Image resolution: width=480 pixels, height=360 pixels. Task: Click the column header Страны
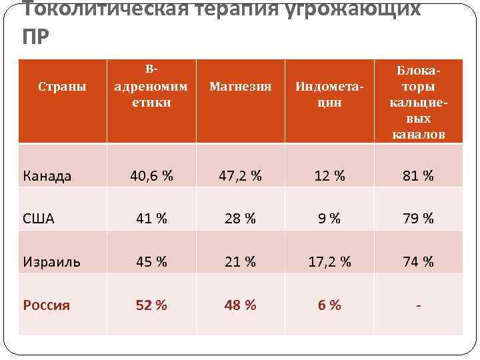[62, 87]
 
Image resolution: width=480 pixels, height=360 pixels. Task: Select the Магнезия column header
[241, 87]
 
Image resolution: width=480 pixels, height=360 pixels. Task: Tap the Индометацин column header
[329, 95]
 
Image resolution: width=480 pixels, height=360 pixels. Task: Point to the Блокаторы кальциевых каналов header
[418, 102]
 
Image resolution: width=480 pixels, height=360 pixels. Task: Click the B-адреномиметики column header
[151, 86]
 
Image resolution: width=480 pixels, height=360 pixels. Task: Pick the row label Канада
[47, 176]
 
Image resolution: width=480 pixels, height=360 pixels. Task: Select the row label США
[39, 218]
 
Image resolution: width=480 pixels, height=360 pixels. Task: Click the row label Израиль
[51, 262]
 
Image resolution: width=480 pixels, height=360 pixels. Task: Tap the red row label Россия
[46, 305]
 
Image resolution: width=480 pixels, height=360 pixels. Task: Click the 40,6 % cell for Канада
[151, 176]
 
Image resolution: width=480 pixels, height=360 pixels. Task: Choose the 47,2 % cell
[241, 176]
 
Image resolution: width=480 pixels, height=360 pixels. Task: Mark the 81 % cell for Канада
[418, 176]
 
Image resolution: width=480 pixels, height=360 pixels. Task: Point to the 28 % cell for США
[241, 218]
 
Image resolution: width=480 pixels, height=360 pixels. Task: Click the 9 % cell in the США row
[329, 218]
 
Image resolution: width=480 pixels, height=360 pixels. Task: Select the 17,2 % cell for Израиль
[329, 262]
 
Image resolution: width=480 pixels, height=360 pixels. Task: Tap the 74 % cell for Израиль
[418, 262]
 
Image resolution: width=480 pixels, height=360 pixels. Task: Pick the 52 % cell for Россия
[151, 305]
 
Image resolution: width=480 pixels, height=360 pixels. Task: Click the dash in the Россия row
[418, 305]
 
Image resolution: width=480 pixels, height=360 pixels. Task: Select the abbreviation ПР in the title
[35, 37]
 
